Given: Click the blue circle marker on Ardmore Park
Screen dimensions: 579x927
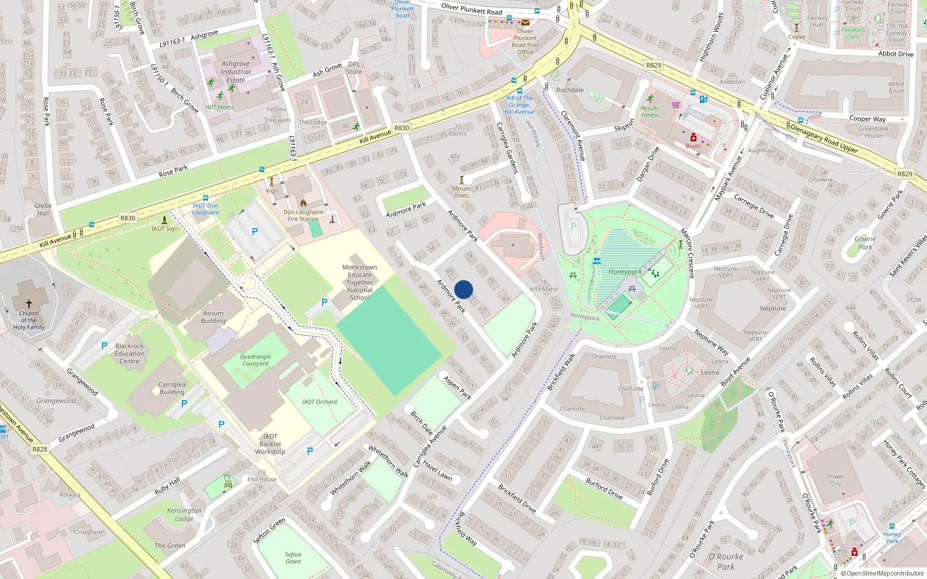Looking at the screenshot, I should tap(463, 289).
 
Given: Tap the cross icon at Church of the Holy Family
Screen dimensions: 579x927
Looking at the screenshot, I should tap(28, 303).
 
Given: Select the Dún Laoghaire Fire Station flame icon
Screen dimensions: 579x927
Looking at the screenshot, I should tap(304, 203).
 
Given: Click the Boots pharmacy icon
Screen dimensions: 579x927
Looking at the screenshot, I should tap(693, 137).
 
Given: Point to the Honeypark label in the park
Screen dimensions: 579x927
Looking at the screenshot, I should tap(625, 272).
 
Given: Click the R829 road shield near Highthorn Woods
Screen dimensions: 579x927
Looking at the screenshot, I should tap(654, 65).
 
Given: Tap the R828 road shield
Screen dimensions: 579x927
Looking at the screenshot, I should tap(39, 449).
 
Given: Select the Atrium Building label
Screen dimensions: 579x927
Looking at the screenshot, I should tap(213, 317).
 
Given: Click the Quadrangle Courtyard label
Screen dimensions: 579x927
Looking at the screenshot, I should tap(256, 360).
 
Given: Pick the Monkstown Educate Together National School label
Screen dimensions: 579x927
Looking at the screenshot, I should tap(359, 283).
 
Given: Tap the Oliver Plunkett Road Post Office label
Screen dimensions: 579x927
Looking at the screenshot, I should tap(525, 42).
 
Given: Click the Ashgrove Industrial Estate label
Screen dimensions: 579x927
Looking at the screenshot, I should tap(235, 72).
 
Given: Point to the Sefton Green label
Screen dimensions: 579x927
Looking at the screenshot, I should tap(293, 558).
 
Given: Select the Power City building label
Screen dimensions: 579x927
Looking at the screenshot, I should tap(835, 480).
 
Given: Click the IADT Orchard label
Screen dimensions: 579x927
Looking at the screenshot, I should tap(319, 402).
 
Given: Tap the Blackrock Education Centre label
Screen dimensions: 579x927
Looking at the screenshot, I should tap(129, 353).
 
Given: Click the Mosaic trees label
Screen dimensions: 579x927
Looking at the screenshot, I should tap(462, 192).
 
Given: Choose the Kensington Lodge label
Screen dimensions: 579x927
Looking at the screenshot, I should tap(184, 514).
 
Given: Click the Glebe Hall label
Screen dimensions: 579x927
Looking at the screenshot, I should tap(43, 209).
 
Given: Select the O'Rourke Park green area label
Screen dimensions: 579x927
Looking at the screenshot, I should tap(726, 562).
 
